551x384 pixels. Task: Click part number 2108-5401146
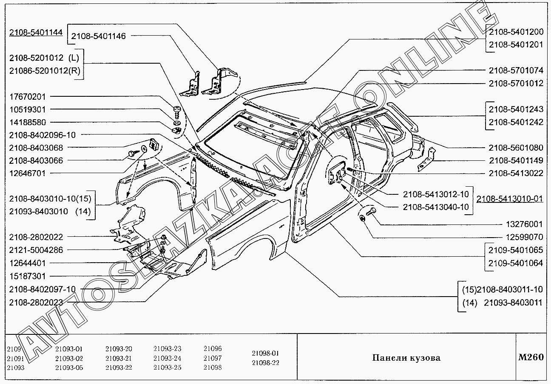(98, 36)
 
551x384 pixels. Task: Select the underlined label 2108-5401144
(36, 32)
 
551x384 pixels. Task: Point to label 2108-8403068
(36, 148)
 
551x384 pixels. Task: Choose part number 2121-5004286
(36, 250)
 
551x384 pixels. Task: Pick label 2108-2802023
(36, 303)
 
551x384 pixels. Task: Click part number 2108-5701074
(516, 70)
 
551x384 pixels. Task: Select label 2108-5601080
(516, 148)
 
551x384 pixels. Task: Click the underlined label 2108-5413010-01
(509, 199)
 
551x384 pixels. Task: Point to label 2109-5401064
(516, 263)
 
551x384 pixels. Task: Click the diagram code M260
(531, 357)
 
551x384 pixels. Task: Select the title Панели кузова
(406, 358)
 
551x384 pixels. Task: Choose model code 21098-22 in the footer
(265, 363)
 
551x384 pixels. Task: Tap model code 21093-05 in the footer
(69, 367)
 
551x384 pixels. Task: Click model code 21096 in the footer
(213, 349)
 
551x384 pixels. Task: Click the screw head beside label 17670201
(177, 110)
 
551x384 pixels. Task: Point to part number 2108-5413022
(516, 173)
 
